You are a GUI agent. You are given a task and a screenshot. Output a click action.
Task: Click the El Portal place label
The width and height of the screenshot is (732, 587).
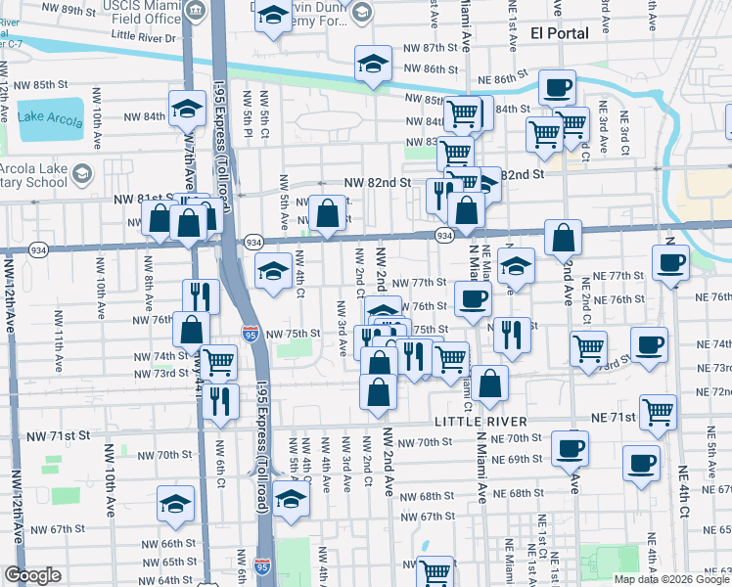(x=559, y=33)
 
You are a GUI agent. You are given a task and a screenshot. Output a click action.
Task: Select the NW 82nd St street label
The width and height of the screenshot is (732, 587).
(x=377, y=182)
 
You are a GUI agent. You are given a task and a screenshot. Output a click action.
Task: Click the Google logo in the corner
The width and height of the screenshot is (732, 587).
(x=33, y=575)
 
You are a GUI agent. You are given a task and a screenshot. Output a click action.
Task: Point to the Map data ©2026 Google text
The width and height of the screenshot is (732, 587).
(x=671, y=579)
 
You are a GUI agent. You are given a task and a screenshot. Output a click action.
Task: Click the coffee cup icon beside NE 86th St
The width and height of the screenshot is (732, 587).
(x=557, y=87)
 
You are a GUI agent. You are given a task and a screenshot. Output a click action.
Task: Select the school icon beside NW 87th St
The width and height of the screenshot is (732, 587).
(x=371, y=64)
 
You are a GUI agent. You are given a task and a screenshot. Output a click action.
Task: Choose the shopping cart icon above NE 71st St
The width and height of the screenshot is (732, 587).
(x=658, y=411)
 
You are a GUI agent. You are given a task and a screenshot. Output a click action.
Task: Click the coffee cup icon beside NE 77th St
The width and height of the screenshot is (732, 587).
(x=671, y=262)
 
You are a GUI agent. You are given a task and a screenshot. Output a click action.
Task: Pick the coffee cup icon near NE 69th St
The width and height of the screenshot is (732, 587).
(x=642, y=463)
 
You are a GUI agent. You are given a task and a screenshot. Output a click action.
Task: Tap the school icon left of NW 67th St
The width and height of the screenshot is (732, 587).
(x=176, y=503)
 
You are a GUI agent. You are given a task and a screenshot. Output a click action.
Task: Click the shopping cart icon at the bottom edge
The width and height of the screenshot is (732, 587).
(x=435, y=571)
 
